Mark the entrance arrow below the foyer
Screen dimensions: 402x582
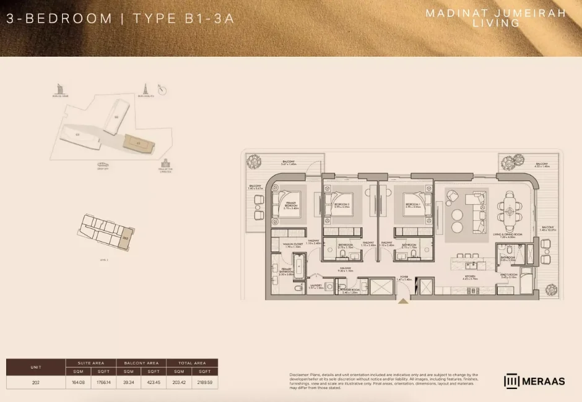404,301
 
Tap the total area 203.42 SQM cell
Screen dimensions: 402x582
178,382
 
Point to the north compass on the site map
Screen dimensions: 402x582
163,90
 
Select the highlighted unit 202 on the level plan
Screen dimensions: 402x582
125,237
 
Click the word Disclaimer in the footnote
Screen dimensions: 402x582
300,374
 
